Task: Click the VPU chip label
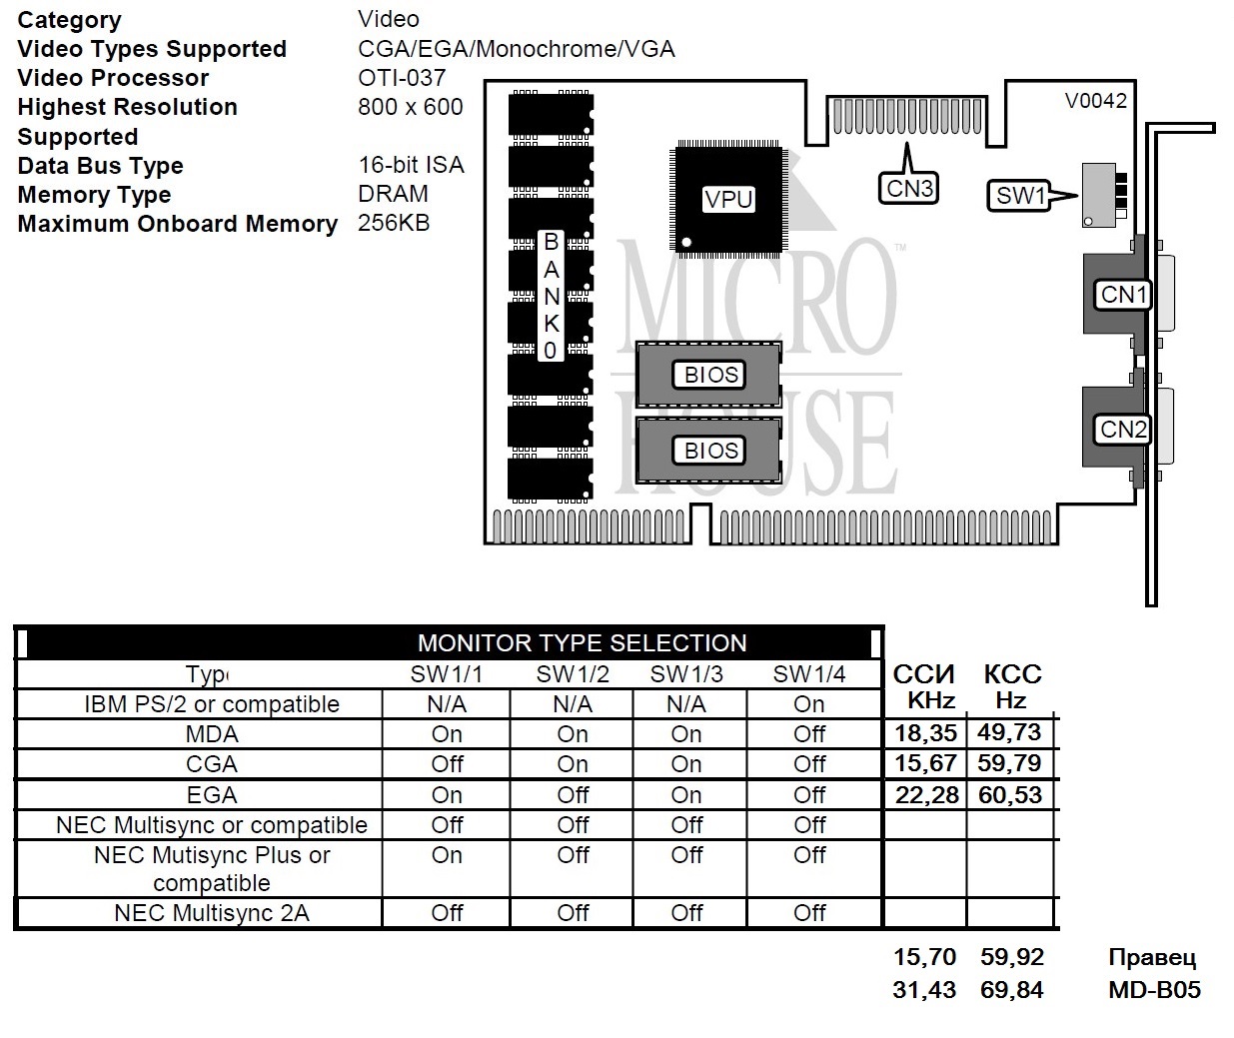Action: click(x=727, y=199)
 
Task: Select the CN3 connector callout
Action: click(x=909, y=188)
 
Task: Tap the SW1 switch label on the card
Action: click(x=1019, y=196)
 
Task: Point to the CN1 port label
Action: click(x=1123, y=295)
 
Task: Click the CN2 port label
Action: click(x=1123, y=429)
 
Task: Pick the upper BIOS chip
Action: click(x=710, y=375)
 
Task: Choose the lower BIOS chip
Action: click(x=710, y=451)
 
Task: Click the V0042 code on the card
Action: click(x=1095, y=101)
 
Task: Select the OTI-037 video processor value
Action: click(x=402, y=78)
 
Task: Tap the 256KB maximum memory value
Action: click(x=394, y=223)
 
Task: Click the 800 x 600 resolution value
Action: click(x=411, y=107)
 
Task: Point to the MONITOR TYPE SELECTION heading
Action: click(x=582, y=642)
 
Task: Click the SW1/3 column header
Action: click(x=686, y=674)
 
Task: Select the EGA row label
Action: click(x=212, y=795)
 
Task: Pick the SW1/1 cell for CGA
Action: click(x=447, y=764)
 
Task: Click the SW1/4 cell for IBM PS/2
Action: click(x=808, y=704)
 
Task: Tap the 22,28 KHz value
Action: click(x=926, y=795)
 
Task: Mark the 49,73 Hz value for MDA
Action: click(x=1009, y=732)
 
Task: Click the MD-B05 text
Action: click(x=1154, y=990)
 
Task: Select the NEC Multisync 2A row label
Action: click(x=212, y=913)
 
